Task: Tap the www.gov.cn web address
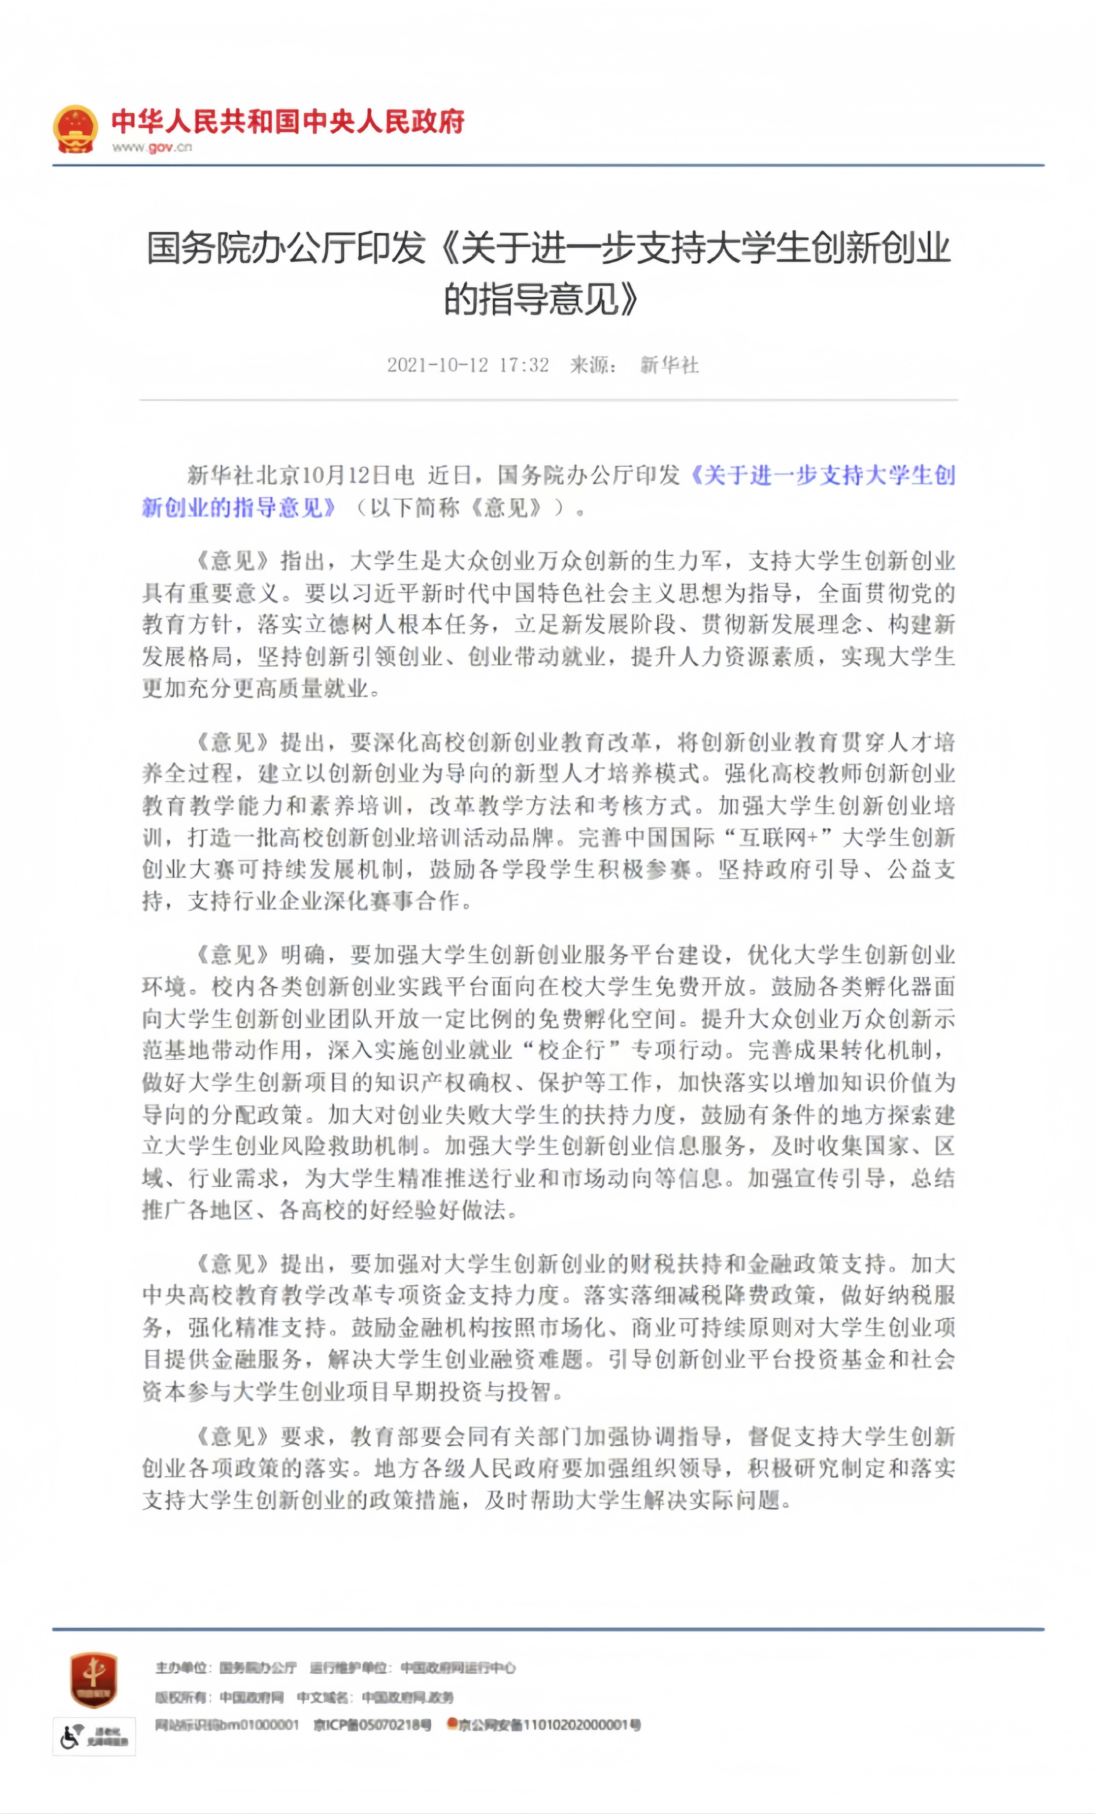point(152,147)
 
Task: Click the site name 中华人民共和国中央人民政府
point(288,122)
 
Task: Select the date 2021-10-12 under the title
point(437,365)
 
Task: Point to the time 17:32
point(524,365)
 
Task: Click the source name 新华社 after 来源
point(669,365)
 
